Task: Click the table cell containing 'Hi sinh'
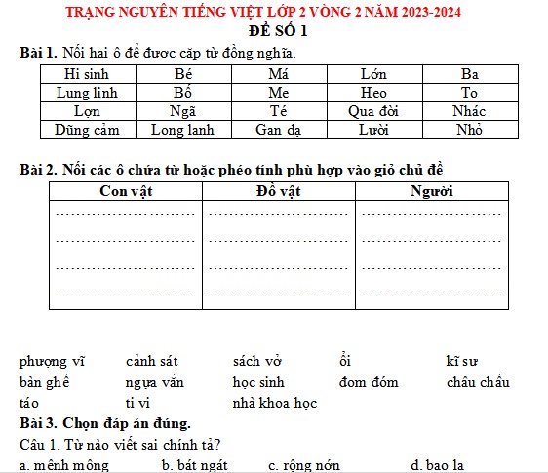pos(87,73)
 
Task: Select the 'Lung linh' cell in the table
pos(87,92)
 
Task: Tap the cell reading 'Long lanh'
pos(183,129)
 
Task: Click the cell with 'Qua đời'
pos(373,110)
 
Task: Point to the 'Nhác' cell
pos(469,110)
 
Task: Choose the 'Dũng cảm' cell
pos(87,129)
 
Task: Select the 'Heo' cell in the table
pos(373,92)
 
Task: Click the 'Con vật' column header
pos(127,191)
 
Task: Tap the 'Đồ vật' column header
pos(279,191)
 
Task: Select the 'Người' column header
pos(432,191)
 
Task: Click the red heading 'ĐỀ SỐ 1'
pos(275,32)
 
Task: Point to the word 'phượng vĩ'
pos(52,362)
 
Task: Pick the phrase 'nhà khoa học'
pos(275,402)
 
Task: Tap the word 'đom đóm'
pos(369,382)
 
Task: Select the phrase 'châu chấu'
pos(478,382)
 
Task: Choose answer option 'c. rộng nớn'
pos(304,465)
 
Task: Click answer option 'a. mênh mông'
pos(64,465)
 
